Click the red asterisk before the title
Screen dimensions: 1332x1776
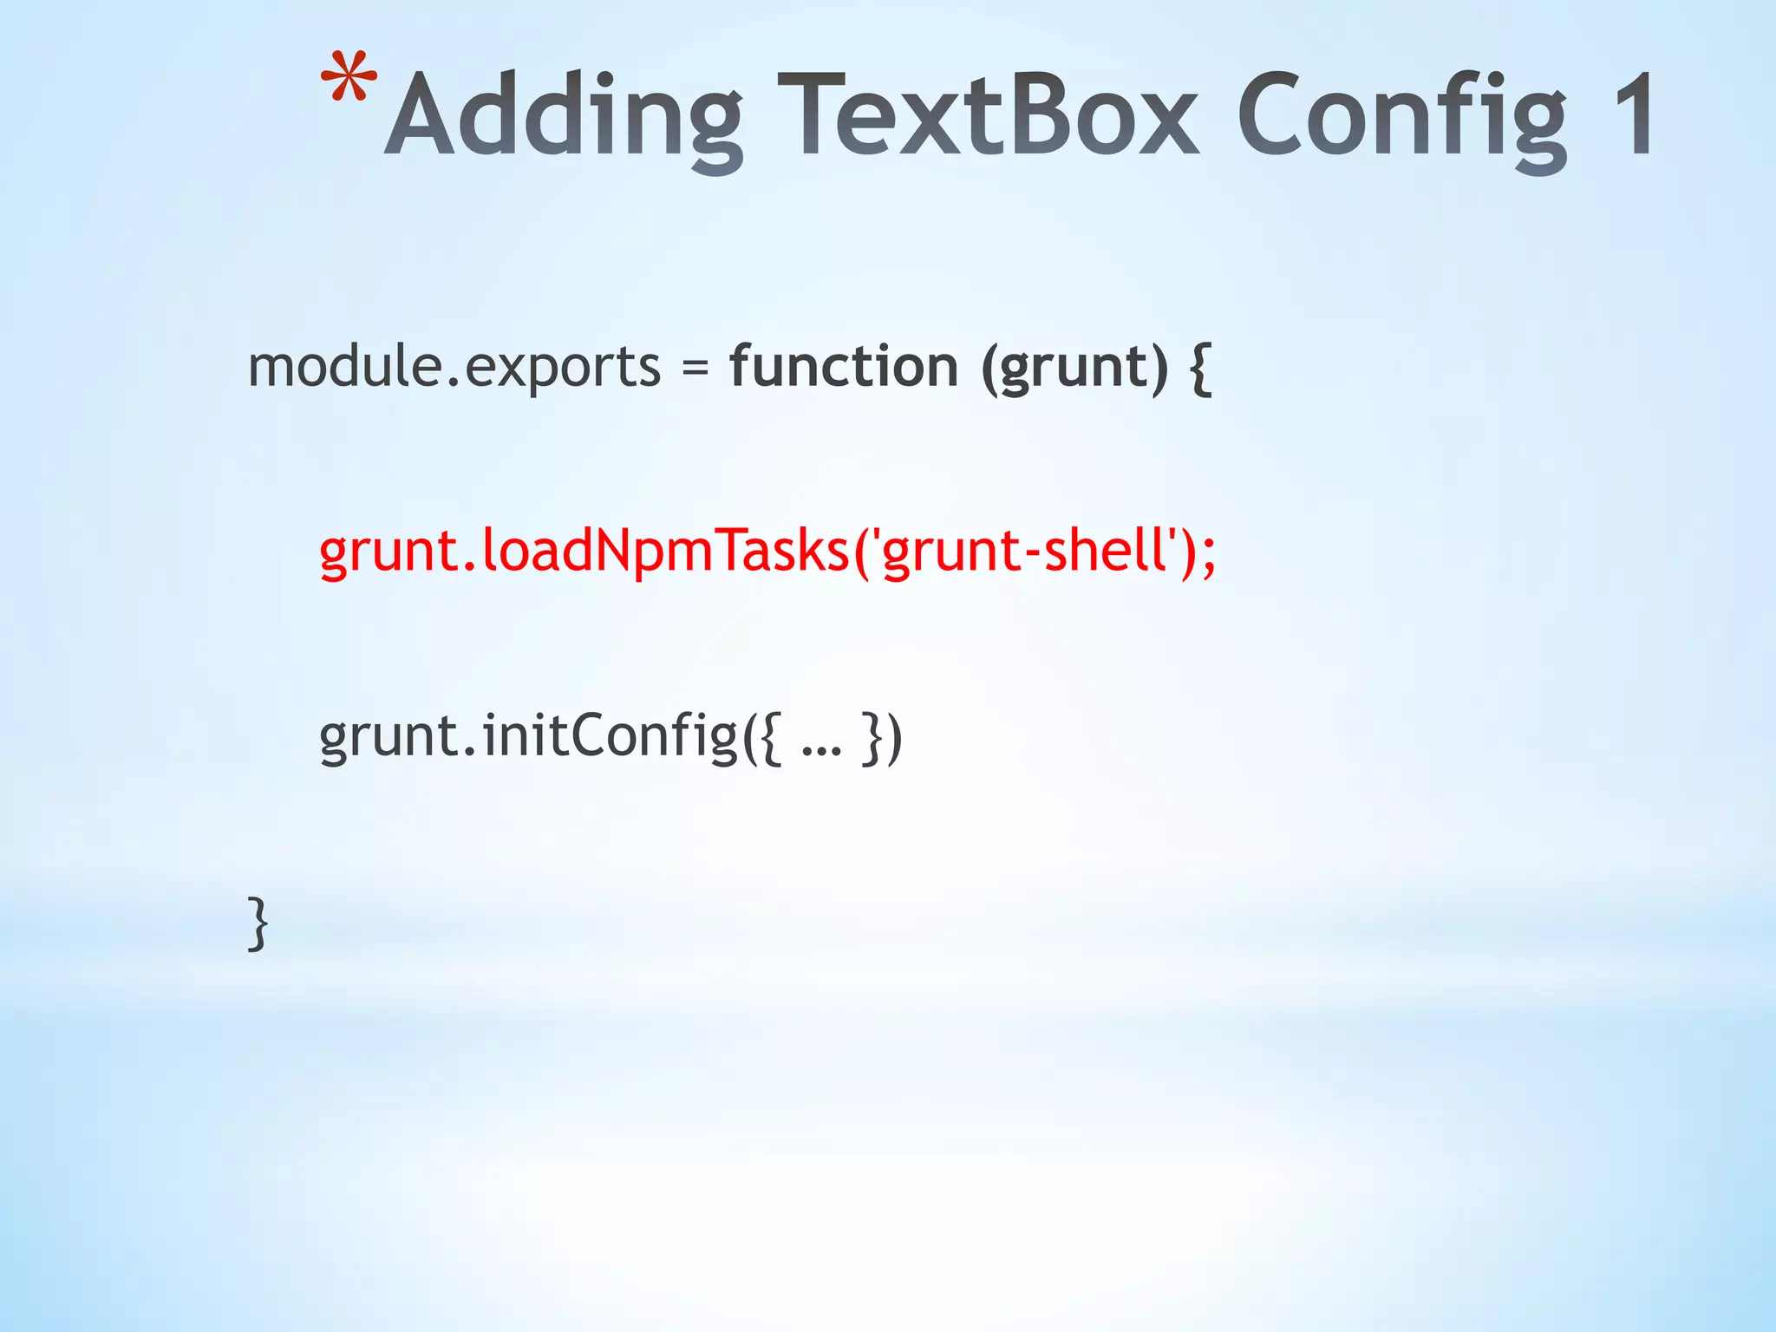[349, 81]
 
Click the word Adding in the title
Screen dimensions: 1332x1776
[564, 117]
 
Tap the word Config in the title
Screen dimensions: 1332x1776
[1401, 117]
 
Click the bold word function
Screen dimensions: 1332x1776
[844, 366]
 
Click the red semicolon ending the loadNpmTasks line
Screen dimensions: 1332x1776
[1209, 555]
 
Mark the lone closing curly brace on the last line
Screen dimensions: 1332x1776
[258, 924]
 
